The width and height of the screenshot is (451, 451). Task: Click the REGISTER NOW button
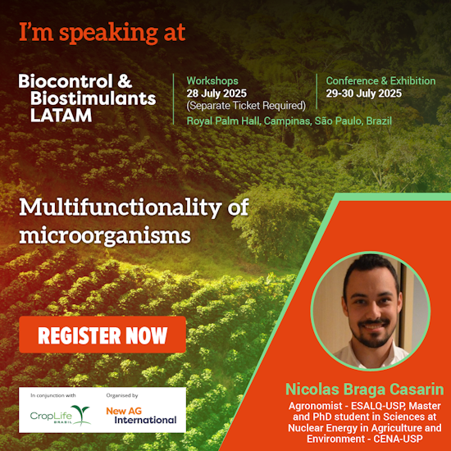tap(102, 335)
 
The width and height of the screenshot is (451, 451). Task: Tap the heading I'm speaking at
tap(102, 33)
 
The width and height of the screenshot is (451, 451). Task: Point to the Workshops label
tap(212, 81)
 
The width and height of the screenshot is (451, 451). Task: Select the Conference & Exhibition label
tap(380, 81)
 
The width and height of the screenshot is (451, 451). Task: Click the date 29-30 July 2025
tap(364, 93)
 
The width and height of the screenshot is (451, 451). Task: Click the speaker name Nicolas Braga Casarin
tap(364, 389)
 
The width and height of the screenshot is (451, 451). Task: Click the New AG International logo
tap(140, 415)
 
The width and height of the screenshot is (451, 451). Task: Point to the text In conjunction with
tap(53, 395)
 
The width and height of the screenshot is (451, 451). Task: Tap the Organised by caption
tap(122, 395)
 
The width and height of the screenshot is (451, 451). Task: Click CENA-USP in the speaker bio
tap(402, 440)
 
